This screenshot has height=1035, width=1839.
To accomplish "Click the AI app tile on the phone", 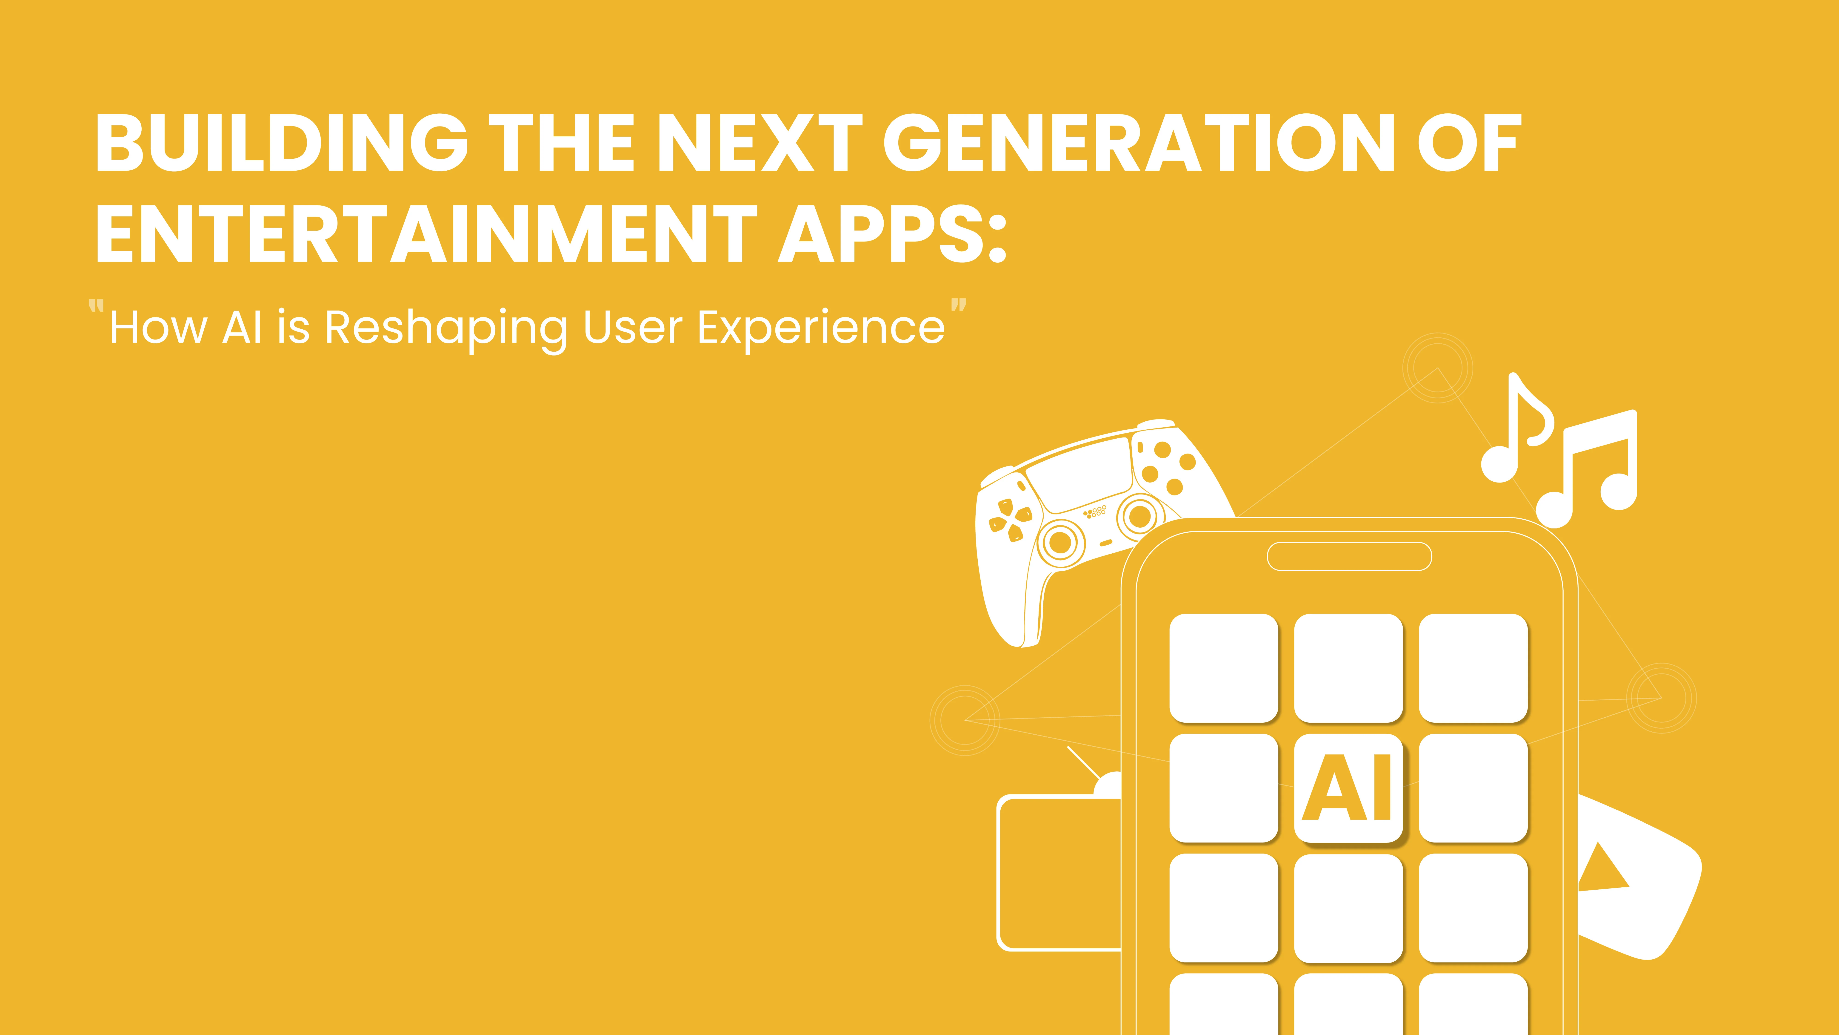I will [1348, 788].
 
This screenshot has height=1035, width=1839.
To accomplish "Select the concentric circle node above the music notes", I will [1437, 368].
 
